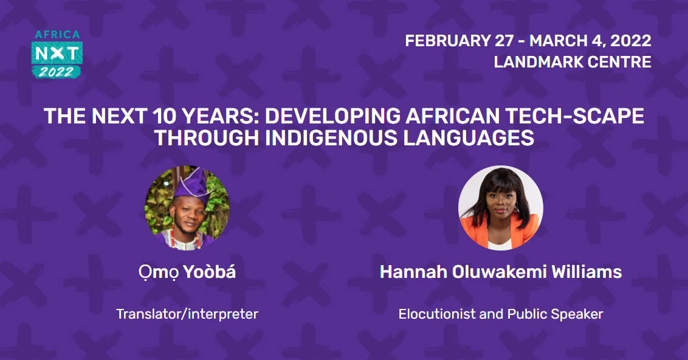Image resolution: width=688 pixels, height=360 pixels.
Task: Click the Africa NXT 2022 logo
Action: click(57, 54)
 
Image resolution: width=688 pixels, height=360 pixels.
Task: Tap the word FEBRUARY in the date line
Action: click(447, 41)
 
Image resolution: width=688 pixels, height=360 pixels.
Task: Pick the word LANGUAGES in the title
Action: click(469, 138)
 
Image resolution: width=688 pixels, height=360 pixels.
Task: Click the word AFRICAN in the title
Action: click(452, 116)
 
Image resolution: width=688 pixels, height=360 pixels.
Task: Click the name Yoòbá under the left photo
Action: click(209, 272)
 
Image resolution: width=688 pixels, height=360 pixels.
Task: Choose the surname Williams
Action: click(587, 272)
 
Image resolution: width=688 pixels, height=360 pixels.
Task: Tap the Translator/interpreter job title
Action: click(187, 314)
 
